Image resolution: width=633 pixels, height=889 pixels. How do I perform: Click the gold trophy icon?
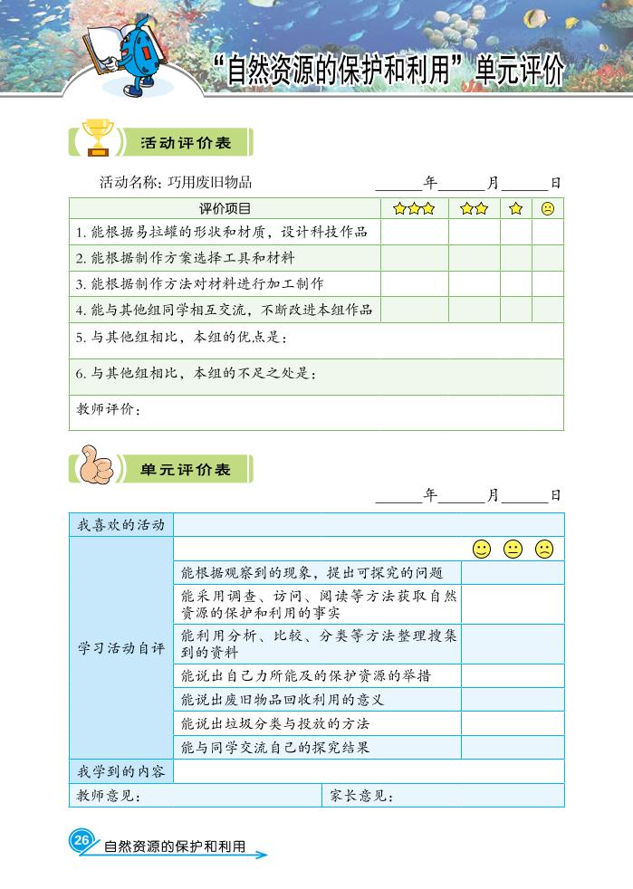96,138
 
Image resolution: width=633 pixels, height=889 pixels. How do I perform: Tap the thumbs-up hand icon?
96,465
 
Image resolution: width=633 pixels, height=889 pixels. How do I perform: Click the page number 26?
82,841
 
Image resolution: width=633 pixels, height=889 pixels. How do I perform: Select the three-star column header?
414,209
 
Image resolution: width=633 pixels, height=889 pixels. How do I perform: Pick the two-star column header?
474,209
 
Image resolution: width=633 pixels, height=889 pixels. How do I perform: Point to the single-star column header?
516,209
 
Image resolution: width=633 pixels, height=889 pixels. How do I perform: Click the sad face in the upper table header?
547,209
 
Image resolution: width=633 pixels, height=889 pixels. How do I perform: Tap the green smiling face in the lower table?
482,549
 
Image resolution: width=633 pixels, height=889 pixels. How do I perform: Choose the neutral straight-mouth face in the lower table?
513,549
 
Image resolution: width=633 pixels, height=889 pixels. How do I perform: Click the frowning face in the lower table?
543,549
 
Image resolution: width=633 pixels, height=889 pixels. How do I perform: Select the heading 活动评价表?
186,143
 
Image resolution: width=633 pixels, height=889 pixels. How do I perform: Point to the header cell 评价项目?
225,209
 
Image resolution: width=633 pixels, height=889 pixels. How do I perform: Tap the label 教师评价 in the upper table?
108,410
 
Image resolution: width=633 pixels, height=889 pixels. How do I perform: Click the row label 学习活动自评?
121,648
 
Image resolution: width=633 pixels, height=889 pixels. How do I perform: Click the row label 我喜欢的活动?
121,524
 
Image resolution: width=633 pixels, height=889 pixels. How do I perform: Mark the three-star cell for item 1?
414,233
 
